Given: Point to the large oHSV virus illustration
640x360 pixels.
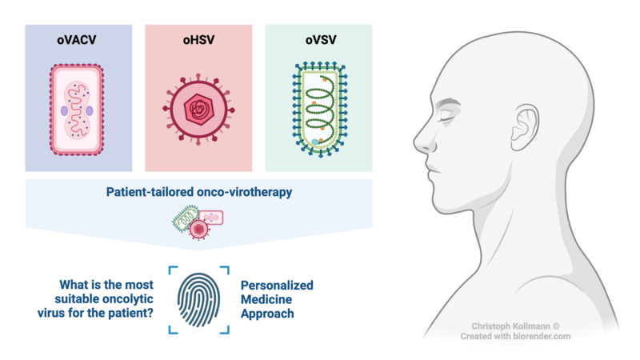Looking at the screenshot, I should (198, 110).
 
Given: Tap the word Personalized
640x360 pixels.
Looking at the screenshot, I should (277, 285).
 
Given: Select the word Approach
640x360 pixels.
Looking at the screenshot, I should (267, 314).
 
